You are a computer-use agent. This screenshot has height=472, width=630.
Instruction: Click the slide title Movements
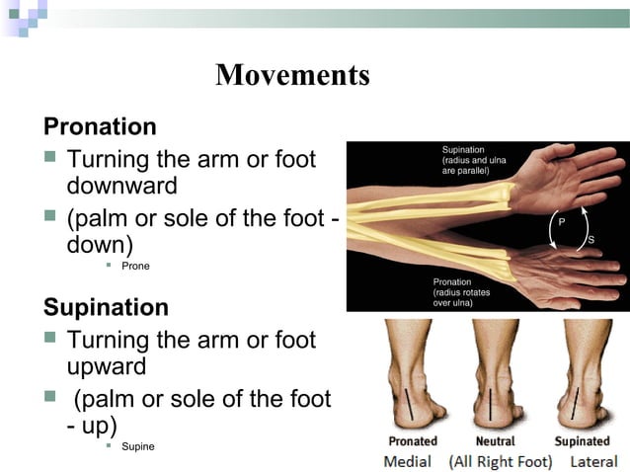pyautogui.click(x=292, y=75)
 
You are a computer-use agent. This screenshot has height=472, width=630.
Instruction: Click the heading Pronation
pyautogui.click(x=100, y=126)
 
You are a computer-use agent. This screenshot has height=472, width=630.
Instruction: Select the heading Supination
pyautogui.click(x=106, y=307)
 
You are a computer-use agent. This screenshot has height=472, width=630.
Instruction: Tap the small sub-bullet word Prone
pyautogui.click(x=135, y=266)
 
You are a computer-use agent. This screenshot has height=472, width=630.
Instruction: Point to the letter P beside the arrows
pyautogui.click(x=562, y=223)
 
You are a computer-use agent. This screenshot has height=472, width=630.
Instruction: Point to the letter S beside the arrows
pyautogui.click(x=591, y=240)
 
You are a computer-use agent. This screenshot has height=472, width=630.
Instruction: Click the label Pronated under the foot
pyautogui.click(x=413, y=441)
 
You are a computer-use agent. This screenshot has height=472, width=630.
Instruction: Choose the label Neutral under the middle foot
pyautogui.click(x=495, y=441)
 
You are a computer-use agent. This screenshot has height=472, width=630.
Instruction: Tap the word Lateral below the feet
pyautogui.click(x=592, y=461)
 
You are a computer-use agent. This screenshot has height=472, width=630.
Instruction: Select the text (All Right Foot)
pyautogui.click(x=502, y=461)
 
